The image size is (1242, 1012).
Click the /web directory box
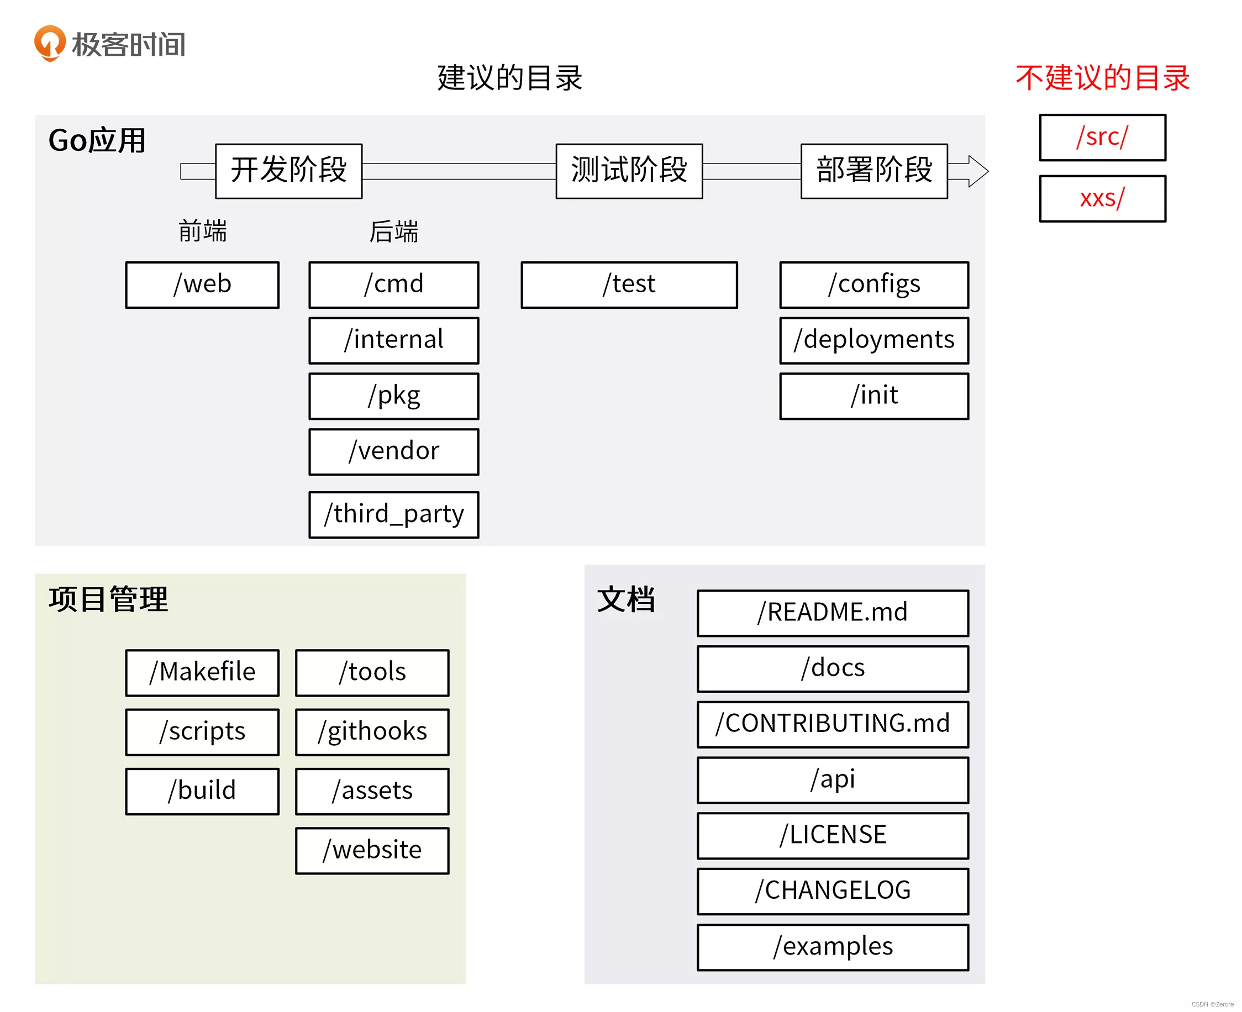pos(202,284)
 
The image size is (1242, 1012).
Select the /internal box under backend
pos(393,340)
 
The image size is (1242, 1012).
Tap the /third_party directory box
pos(393,514)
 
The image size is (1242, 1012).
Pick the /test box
pos(629,284)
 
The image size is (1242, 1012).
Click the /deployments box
pos(873,340)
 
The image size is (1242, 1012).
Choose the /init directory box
pos(873,396)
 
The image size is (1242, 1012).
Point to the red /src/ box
pos(1102,137)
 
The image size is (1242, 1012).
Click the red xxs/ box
pos(1102,198)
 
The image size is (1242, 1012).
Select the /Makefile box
pos(202,672)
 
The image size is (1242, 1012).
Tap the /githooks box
pos(372,731)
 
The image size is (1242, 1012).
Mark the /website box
pos(372,850)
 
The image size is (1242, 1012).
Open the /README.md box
pos(832,613)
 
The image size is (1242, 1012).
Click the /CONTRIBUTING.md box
pos(832,724)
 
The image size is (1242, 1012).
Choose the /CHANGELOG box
pos(832,890)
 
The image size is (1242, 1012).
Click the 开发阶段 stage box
pos(288,171)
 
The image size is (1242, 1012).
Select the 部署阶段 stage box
pos(873,171)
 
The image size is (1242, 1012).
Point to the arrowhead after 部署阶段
pos(978,171)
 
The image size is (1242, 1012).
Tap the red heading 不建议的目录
pos(1102,77)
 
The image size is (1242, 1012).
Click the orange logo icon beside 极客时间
pos(50,43)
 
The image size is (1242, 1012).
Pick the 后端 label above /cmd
pos(393,231)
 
